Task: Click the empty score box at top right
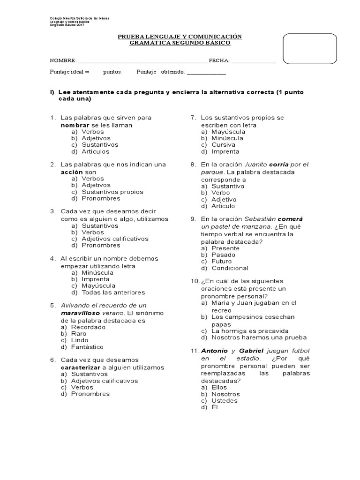[x=310, y=48]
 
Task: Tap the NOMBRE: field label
[x=63, y=61]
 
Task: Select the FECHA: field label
[x=218, y=61]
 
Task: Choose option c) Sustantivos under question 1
[x=99, y=145]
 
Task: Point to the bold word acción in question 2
[x=72, y=172]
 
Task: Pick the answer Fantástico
[x=87, y=347]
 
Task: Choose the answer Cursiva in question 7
[x=223, y=145]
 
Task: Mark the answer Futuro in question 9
[x=221, y=261]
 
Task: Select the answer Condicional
[x=230, y=268]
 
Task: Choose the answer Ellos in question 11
[x=219, y=388]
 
